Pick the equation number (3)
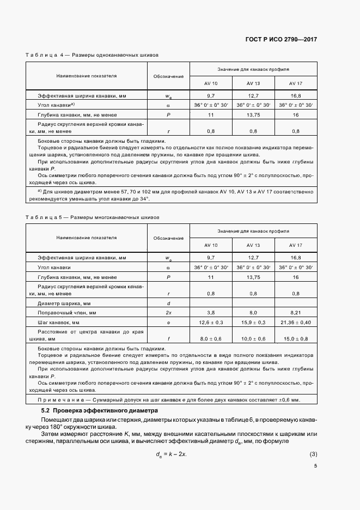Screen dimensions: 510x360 pyautogui.click(x=313, y=454)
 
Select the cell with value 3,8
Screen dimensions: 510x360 pyautogui.click(x=211, y=313)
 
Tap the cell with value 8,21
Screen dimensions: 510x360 pyautogui.click(x=296, y=313)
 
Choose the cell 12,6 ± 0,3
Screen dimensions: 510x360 pyautogui.click(x=211, y=323)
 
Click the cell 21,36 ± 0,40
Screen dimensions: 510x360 pyautogui.click(x=296, y=323)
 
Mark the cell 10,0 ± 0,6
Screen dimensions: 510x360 pyautogui.click(x=253, y=338)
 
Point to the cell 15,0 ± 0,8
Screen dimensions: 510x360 pyautogui.click(x=296, y=338)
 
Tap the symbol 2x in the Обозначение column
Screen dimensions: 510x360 pyautogui.click(x=168, y=313)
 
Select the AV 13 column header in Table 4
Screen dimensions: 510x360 pyautogui.click(x=253, y=83)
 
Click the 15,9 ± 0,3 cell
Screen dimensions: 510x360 pyautogui.click(x=253, y=323)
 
